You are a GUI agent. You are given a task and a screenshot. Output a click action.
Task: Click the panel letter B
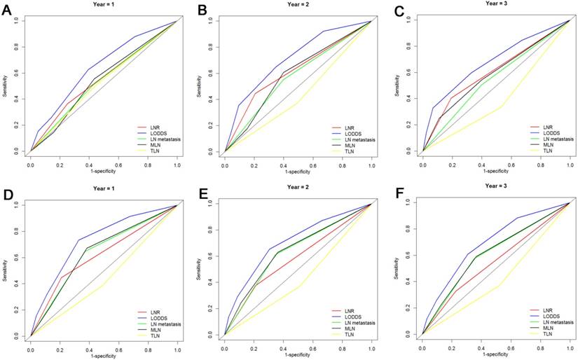pyautogui.click(x=203, y=11)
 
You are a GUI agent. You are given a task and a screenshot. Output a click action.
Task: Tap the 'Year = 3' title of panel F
pyautogui.click(x=495, y=186)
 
